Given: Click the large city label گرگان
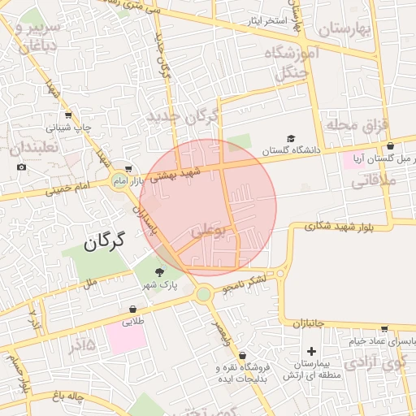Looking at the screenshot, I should pyautogui.click(x=106, y=240).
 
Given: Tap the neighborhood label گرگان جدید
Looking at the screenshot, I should pyautogui.click(x=183, y=117).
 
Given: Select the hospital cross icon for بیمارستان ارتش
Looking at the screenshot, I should pyautogui.click(x=310, y=351).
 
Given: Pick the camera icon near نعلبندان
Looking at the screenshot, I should pyautogui.click(x=21, y=167).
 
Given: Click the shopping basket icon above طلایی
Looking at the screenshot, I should pyautogui.click(x=132, y=309).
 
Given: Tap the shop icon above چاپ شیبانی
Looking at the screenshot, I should pyautogui.click(x=67, y=115).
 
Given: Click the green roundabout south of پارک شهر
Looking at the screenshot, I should pyautogui.click(x=203, y=293).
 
